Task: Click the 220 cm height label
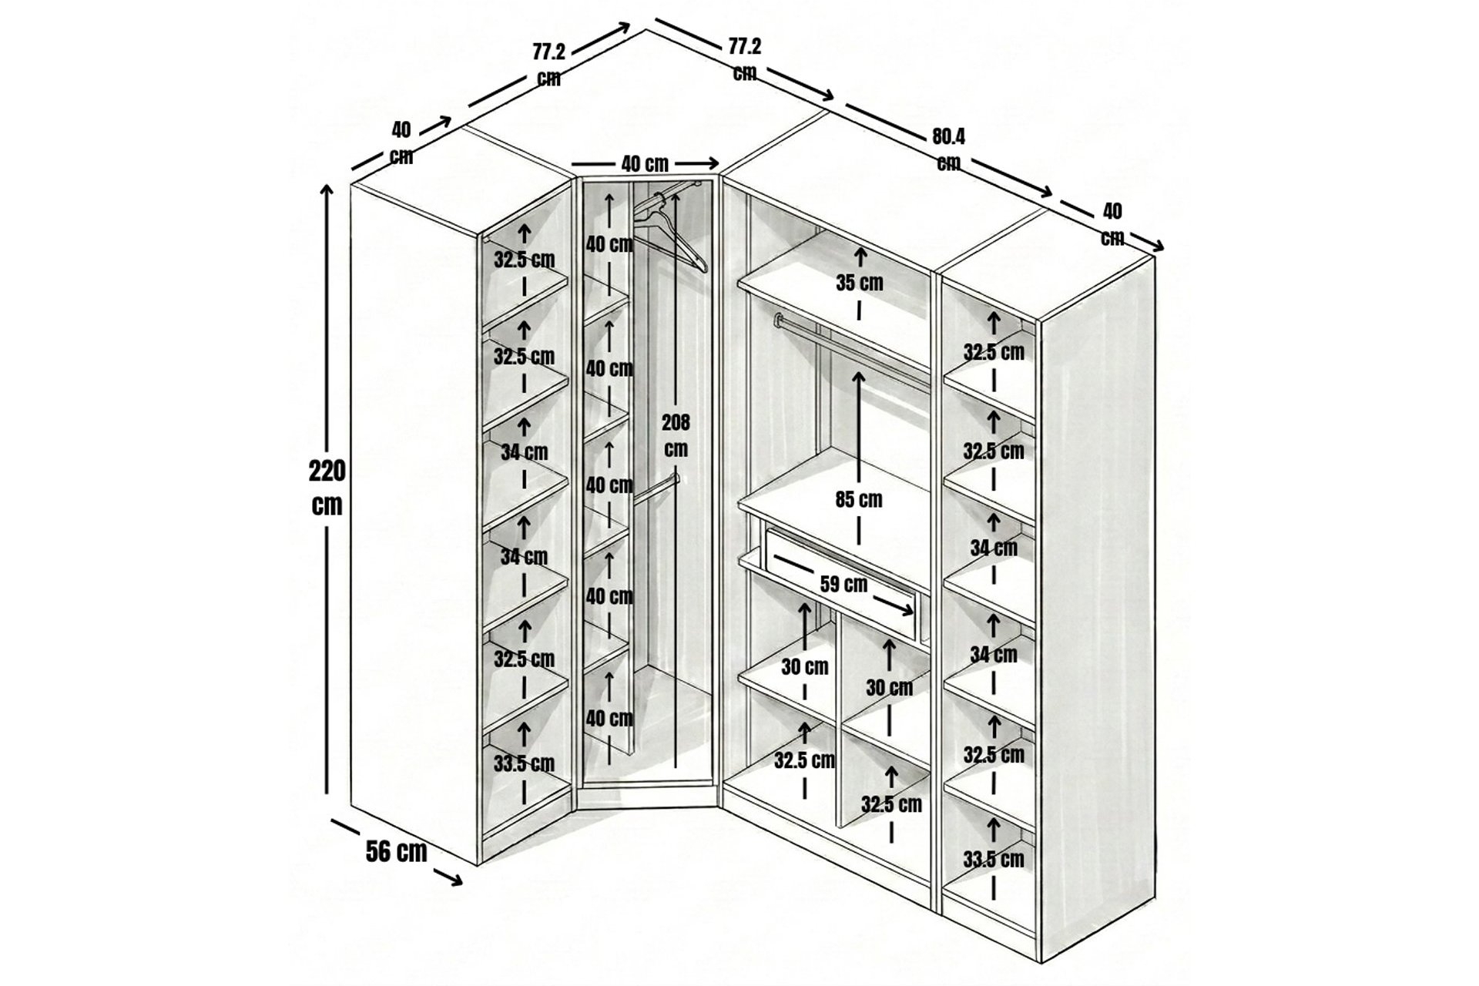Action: tap(327, 488)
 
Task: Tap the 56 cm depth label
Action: tap(396, 851)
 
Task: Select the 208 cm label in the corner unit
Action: tap(676, 435)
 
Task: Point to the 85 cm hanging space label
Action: tap(859, 500)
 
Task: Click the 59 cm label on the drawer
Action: tap(843, 584)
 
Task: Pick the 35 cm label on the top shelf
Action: tap(860, 283)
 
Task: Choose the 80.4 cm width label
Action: tap(948, 149)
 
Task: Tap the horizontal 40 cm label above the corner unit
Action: tap(645, 164)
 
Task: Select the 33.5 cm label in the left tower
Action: tap(524, 764)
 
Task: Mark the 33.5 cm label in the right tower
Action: tap(994, 859)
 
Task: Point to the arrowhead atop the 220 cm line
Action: tap(327, 191)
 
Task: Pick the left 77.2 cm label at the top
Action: tap(548, 65)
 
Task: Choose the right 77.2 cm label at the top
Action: tap(745, 59)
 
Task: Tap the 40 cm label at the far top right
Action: tap(1112, 224)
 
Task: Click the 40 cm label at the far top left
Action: tap(401, 143)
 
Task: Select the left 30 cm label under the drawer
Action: tap(804, 667)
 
